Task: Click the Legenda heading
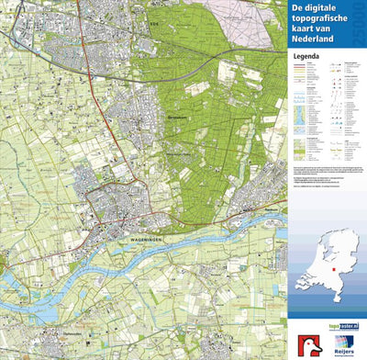(x=306, y=54)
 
